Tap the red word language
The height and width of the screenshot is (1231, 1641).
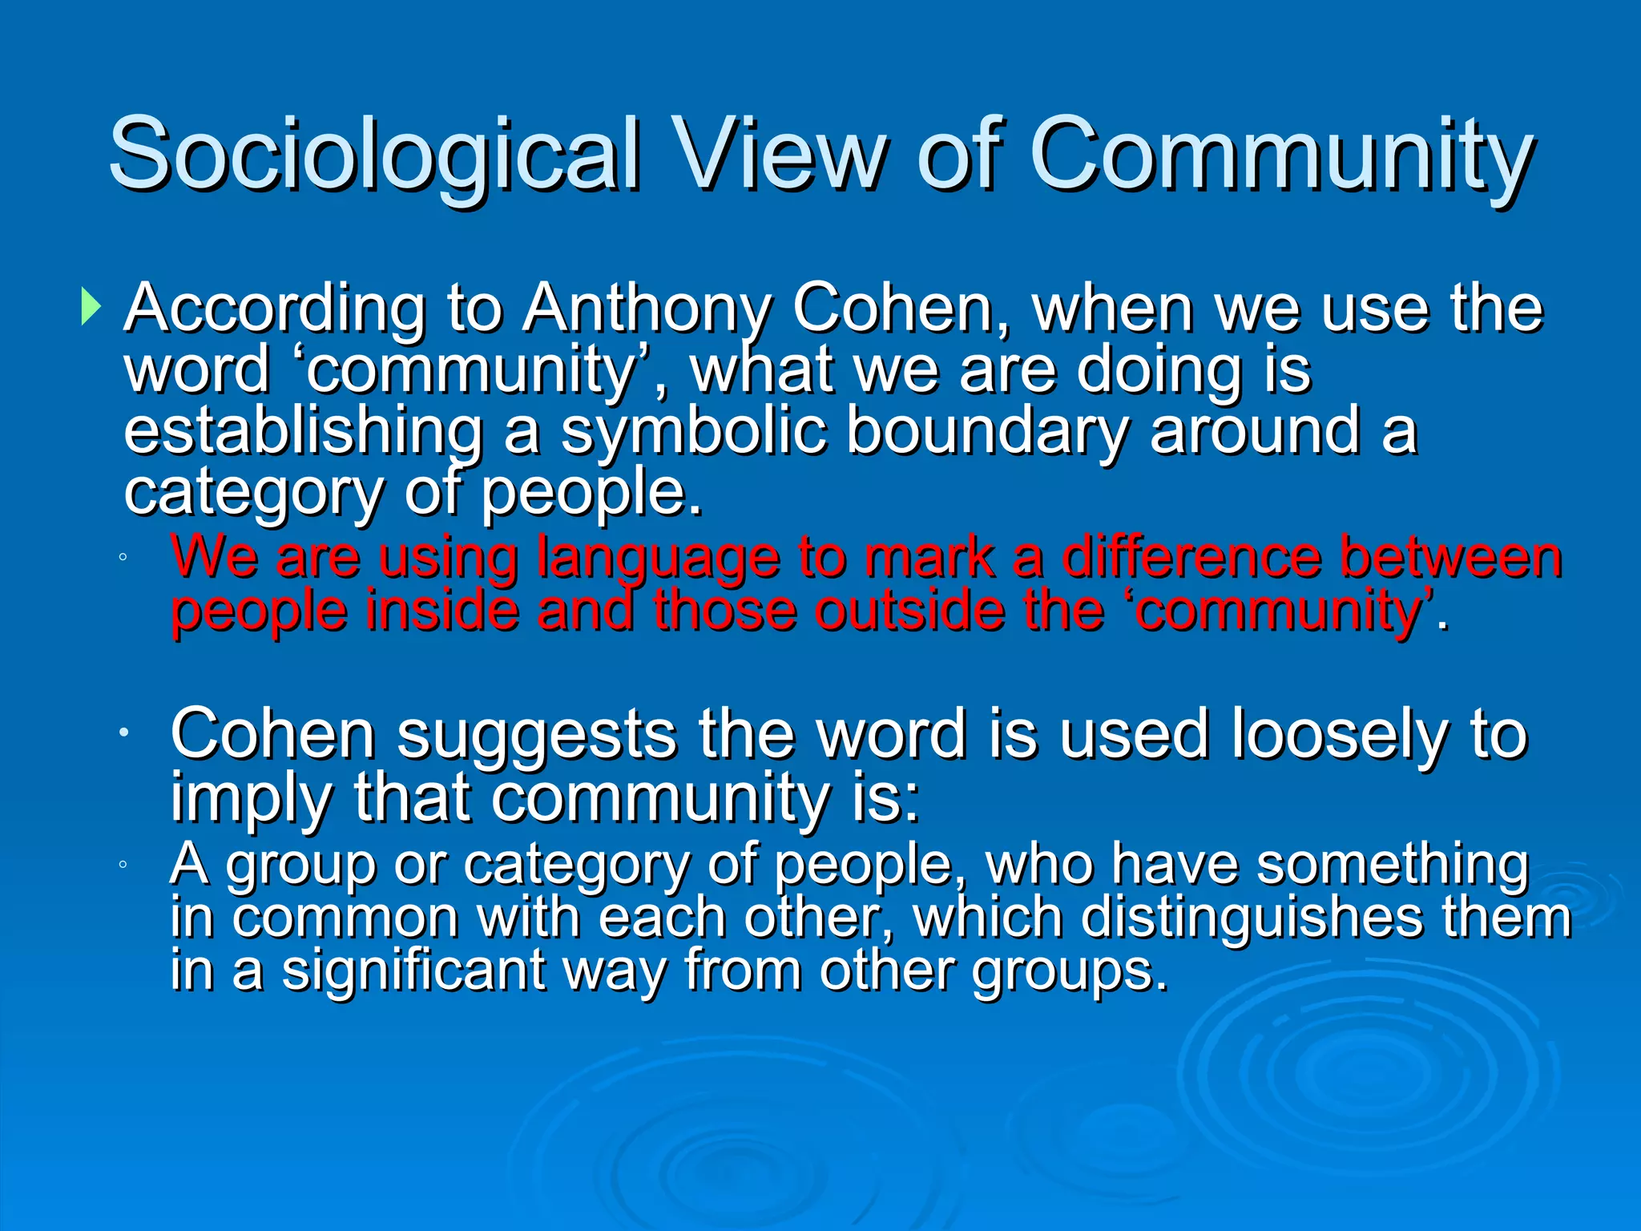point(657,558)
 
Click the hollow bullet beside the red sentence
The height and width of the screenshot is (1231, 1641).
point(122,557)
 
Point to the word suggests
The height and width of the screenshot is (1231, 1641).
point(537,734)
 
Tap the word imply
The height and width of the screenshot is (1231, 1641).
point(250,798)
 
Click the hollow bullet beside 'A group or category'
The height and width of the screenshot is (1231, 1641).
point(122,865)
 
